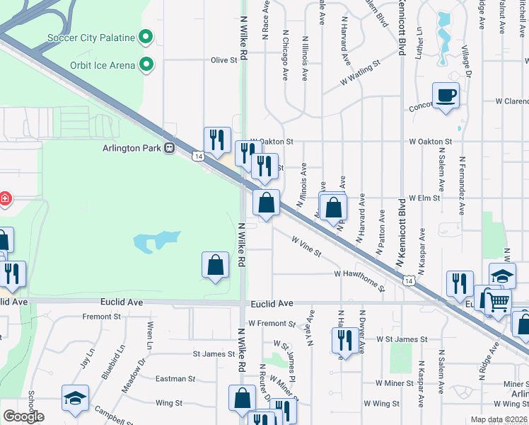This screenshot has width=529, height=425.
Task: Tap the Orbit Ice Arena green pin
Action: (x=146, y=65)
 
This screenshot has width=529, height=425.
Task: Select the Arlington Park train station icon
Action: (x=169, y=147)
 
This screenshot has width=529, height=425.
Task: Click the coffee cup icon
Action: (x=445, y=95)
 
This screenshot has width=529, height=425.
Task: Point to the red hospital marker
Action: (x=4, y=199)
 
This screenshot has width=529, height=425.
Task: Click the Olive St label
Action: (x=223, y=60)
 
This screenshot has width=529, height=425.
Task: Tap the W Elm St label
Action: (x=424, y=198)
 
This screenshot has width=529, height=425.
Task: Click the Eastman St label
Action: (x=170, y=379)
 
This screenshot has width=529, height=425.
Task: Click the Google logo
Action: (x=23, y=416)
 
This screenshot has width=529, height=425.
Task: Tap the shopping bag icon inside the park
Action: (x=216, y=266)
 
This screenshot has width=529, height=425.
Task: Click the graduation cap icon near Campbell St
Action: (x=75, y=399)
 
